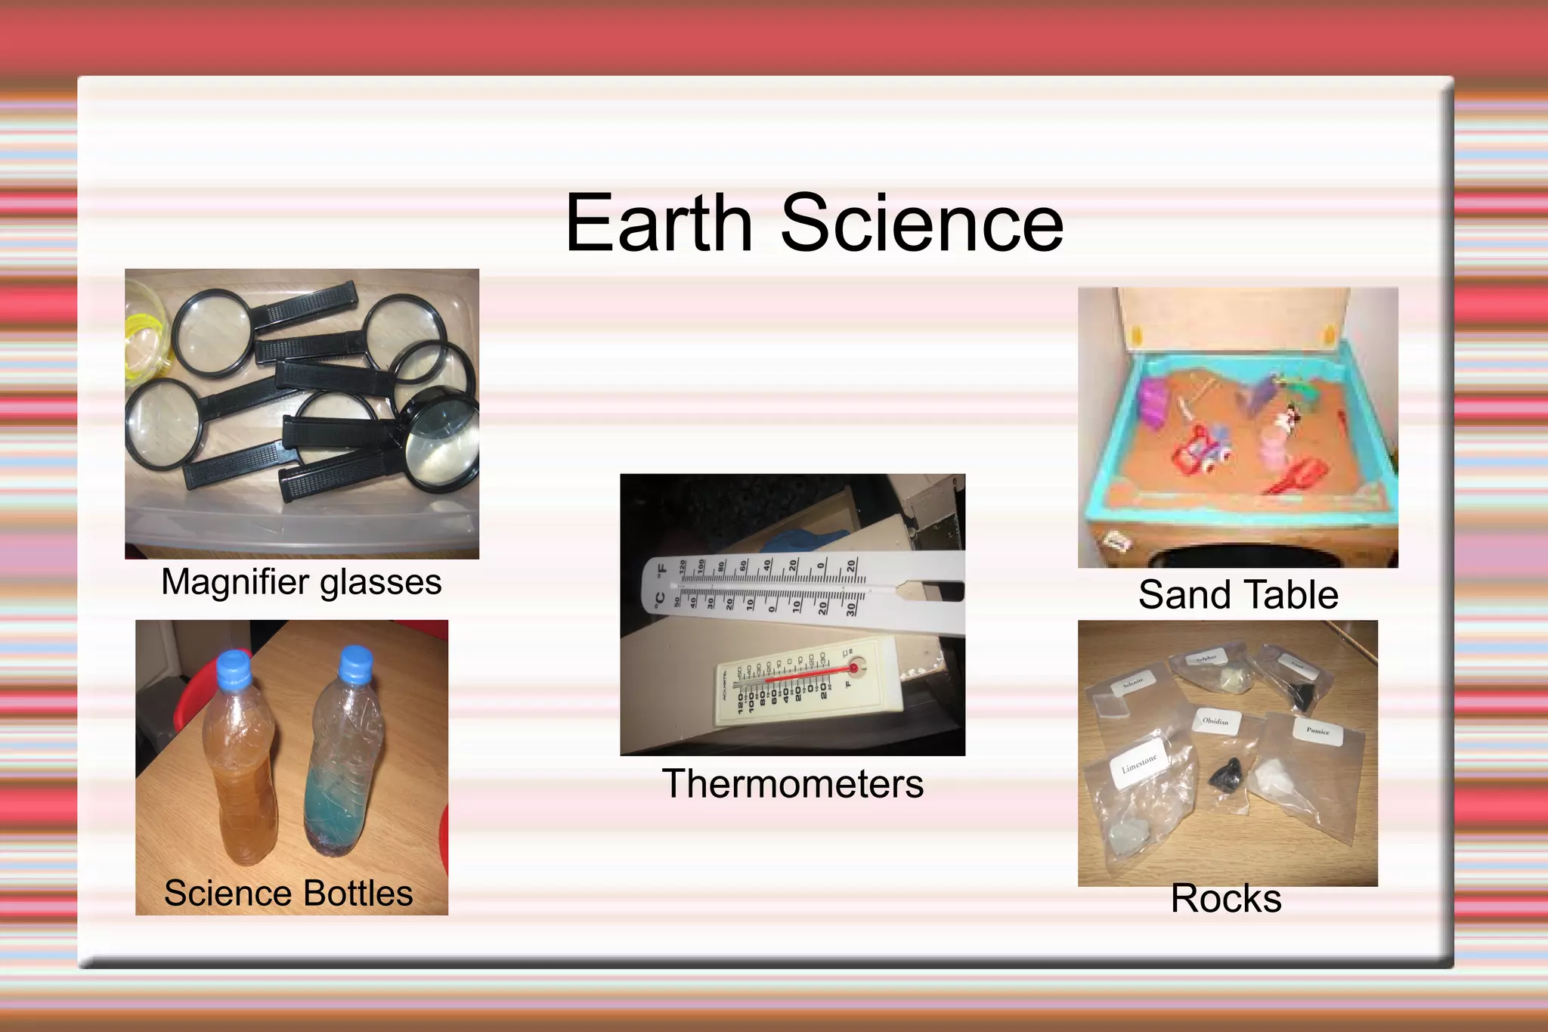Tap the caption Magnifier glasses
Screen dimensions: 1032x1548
coord(301,583)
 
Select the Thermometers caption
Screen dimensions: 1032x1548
coord(792,784)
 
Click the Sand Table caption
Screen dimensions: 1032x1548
coord(1238,595)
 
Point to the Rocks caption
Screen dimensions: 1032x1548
coord(1226,899)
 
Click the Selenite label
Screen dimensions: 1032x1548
coord(1133,683)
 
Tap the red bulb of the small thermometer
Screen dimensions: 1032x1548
coord(853,668)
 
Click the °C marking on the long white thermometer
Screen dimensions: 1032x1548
coord(659,601)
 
